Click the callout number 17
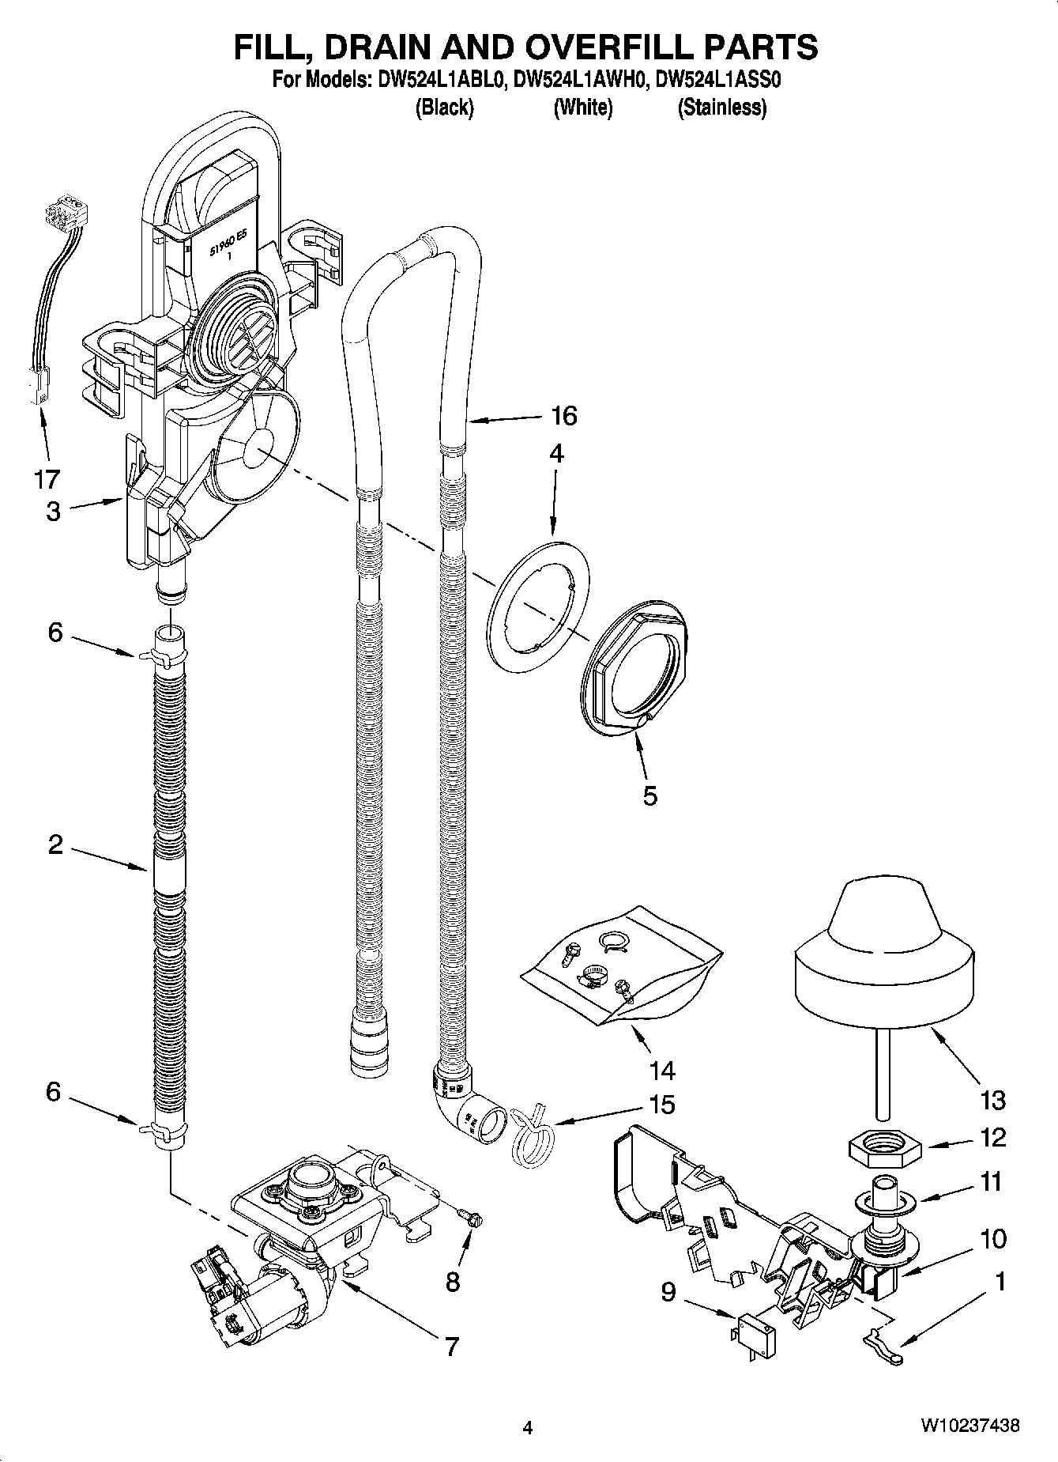[x=47, y=478]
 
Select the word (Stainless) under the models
[x=721, y=108]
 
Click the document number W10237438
[x=969, y=1426]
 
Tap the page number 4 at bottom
[x=528, y=1427]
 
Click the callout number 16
[x=564, y=415]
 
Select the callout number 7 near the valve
[x=451, y=1346]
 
